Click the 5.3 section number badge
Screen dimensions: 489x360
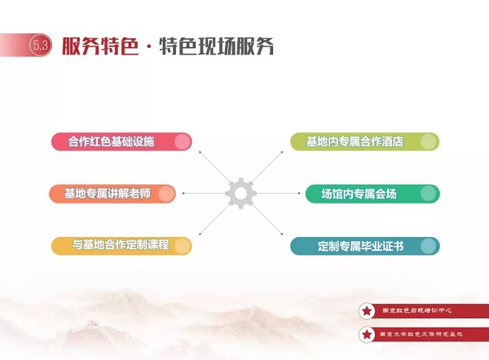pos(41,46)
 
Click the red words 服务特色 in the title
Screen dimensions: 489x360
pos(100,46)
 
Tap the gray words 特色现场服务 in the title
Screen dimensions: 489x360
pos(217,46)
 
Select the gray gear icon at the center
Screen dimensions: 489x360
pos(240,193)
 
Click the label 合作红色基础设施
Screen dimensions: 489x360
pos(112,142)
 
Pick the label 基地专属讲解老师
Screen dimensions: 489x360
pos(108,194)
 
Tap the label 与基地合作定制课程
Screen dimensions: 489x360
pos(121,244)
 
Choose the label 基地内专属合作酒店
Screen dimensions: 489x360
pos(355,142)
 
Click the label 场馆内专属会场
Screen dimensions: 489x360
pos(359,194)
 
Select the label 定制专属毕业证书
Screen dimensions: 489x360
pos(361,246)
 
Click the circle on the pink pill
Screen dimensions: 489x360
pos(183,142)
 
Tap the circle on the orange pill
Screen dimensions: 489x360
pos(166,194)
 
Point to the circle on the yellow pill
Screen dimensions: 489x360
pos(183,246)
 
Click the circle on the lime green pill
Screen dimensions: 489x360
pos(429,142)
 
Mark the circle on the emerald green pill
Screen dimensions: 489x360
pos(429,194)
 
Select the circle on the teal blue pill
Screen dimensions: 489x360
pos(429,246)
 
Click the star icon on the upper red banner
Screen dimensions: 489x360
pos(367,311)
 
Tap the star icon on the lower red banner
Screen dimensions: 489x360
pos(367,335)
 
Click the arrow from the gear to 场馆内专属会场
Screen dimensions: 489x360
pos(279,193)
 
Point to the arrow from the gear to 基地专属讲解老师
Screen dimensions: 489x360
pos(203,193)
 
